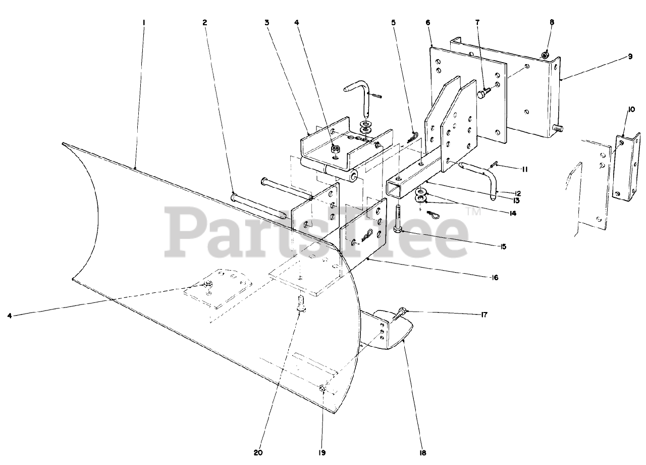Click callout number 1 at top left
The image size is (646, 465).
pyautogui.click(x=144, y=23)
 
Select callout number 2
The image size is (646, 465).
pyautogui.click(x=205, y=23)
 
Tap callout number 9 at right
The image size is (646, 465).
pyautogui.click(x=630, y=57)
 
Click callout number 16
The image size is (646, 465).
pyautogui.click(x=494, y=278)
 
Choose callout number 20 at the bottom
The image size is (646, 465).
pyautogui.click(x=258, y=453)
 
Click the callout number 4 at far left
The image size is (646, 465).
pyautogui.click(x=10, y=316)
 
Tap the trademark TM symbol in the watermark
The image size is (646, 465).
pyautogui.click(x=474, y=213)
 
